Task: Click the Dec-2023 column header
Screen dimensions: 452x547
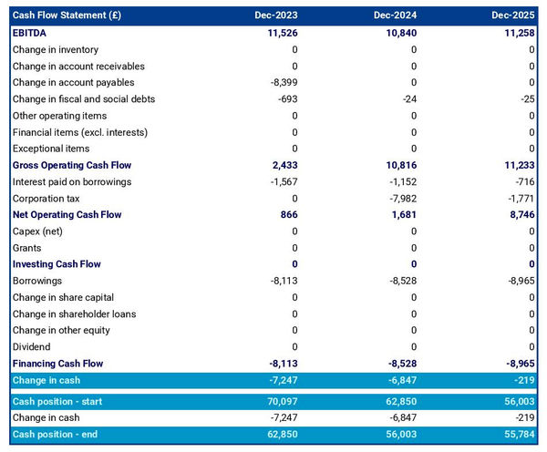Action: [x=279, y=15]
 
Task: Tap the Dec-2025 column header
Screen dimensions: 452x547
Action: [x=513, y=15]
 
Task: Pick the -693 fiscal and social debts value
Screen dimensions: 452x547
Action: [x=286, y=99]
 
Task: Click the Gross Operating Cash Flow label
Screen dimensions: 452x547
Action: [x=72, y=165]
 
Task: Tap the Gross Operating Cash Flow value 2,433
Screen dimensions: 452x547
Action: [x=284, y=165]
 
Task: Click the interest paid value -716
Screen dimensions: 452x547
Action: [x=524, y=181]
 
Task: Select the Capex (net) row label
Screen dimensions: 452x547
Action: [x=38, y=231]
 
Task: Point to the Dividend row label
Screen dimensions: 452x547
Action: [x=32, y=347]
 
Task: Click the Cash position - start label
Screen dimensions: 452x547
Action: [x=60, y=401]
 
